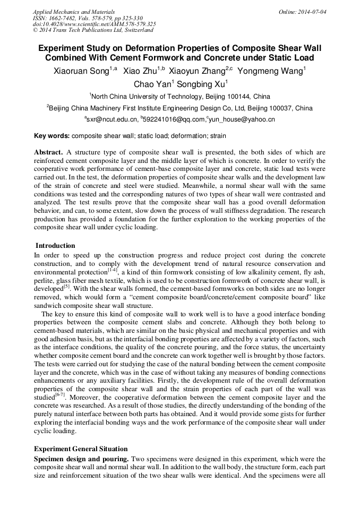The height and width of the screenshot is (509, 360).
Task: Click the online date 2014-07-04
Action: point(311,12)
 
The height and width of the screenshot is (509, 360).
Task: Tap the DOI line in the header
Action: point(94,24)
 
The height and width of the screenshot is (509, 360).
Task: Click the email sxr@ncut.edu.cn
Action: point(112,120)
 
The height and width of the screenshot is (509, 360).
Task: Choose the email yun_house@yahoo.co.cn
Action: point(242,120)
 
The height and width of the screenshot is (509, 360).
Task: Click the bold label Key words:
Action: point(52,135)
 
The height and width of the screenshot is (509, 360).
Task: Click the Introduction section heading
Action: point(55,246)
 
